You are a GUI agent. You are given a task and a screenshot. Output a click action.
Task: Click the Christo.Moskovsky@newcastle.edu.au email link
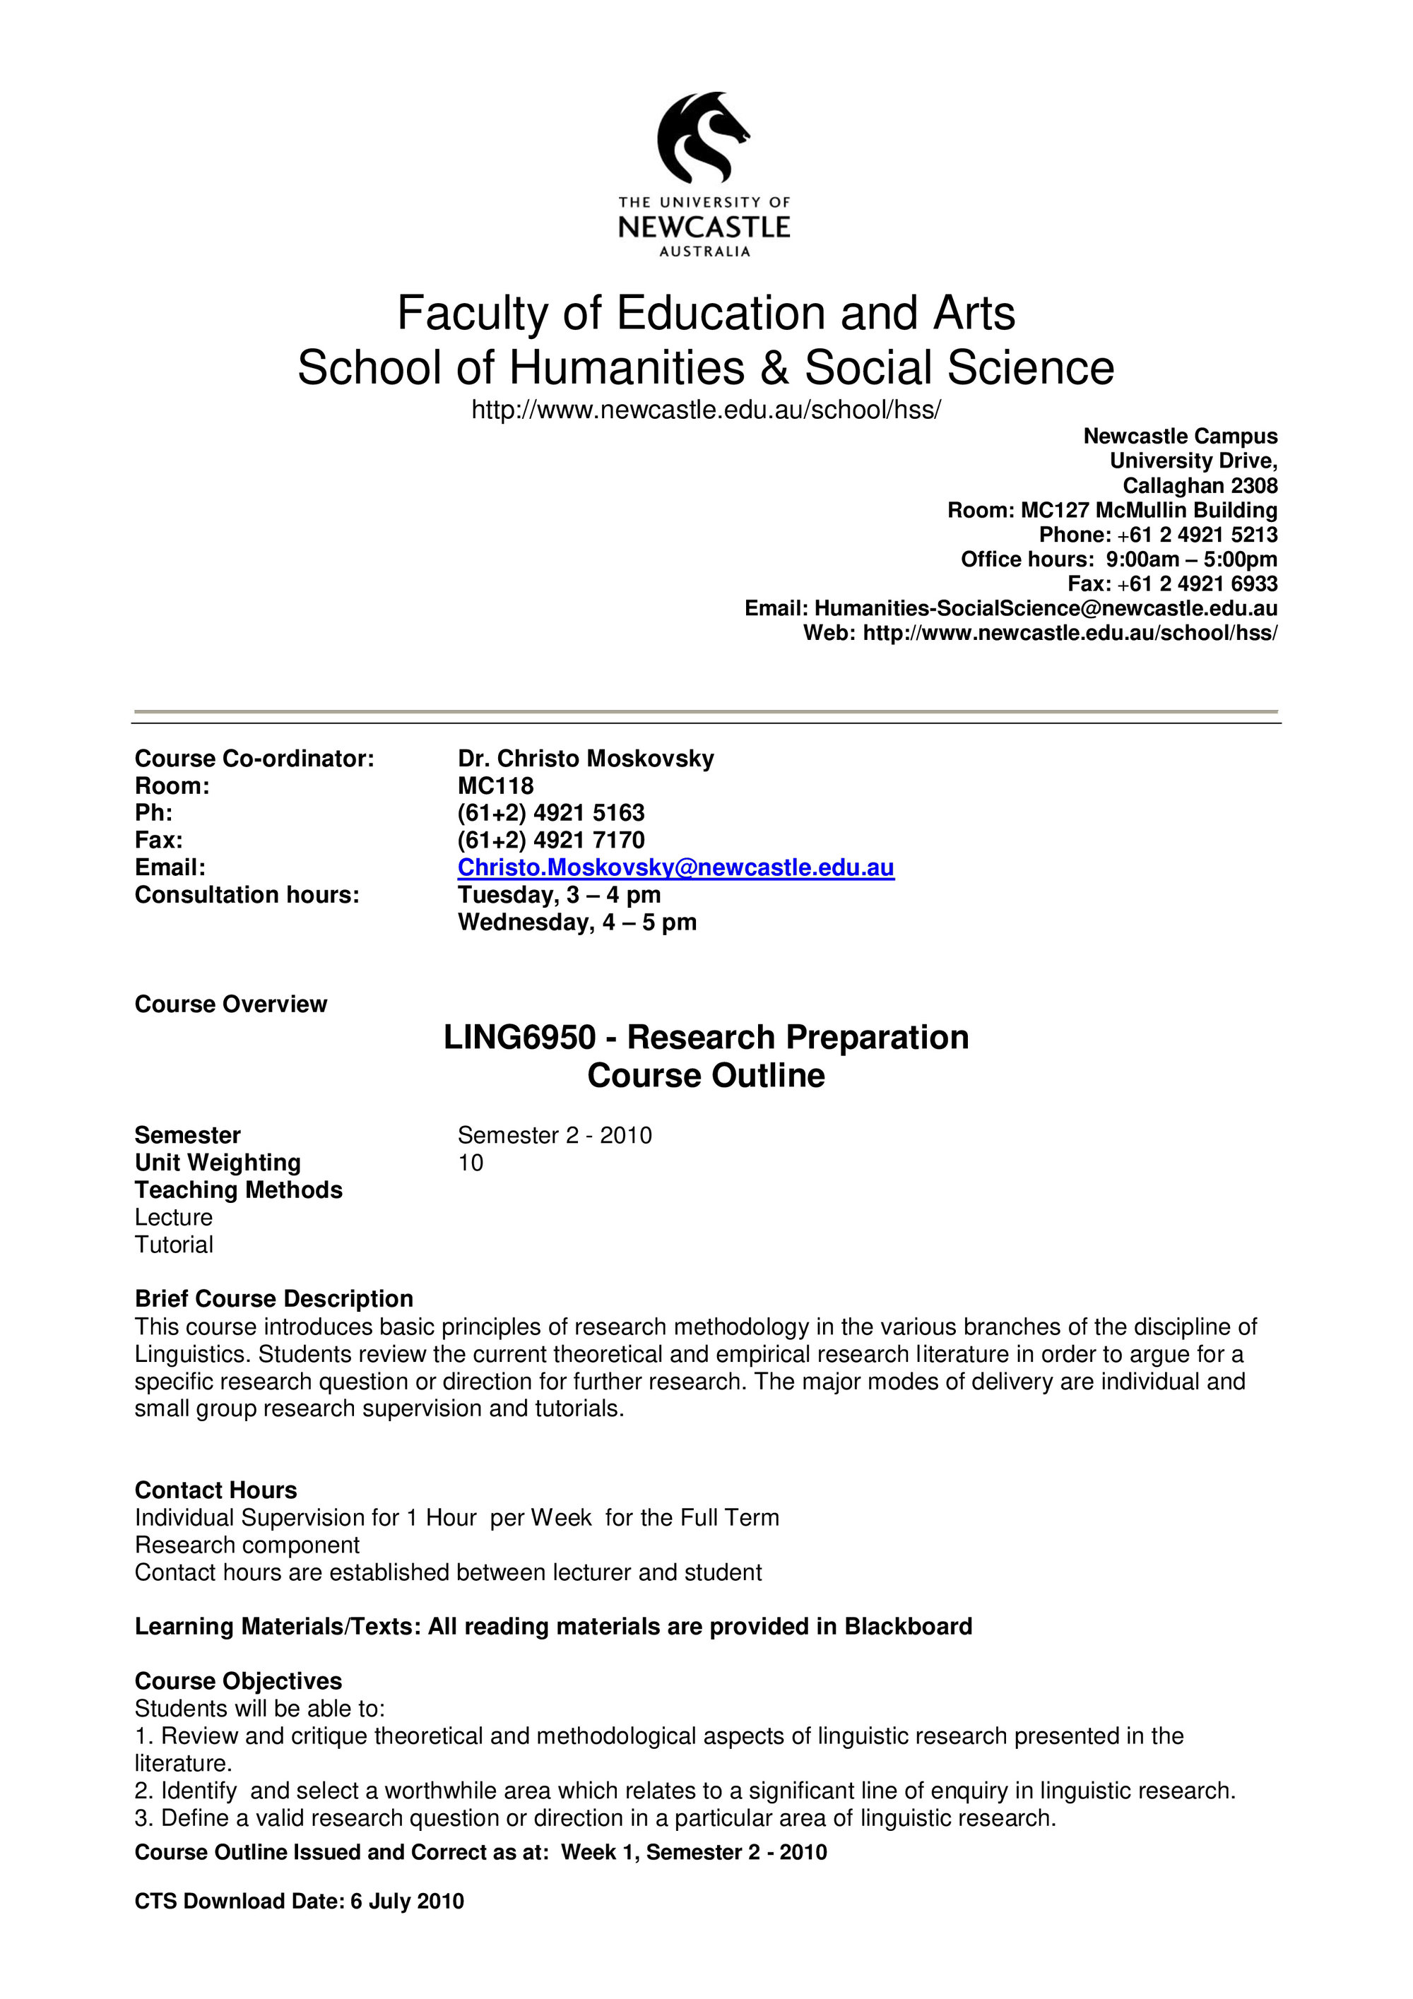[675, 867]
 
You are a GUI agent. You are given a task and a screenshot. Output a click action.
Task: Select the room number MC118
[495, 785]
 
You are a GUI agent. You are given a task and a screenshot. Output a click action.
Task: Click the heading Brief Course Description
[273, 1298]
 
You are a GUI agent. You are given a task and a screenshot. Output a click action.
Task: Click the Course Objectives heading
[237, 1680]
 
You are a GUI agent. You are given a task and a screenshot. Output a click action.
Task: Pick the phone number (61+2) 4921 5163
[551, 812]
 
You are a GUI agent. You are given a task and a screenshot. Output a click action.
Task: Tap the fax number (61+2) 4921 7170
[551, 839]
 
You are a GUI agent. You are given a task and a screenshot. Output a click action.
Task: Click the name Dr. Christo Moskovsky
[585, 759]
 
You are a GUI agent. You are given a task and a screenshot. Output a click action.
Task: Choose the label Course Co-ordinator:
[254, 759]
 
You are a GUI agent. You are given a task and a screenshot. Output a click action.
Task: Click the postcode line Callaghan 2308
[1199, 485]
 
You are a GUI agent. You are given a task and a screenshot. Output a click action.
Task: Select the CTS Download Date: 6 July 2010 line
[299, 1901]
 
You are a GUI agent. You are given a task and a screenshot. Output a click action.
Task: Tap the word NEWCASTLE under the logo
[704, 227]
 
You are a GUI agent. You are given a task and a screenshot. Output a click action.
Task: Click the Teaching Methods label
[239, 1190]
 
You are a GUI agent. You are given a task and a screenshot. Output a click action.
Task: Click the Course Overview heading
[231, 1004]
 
